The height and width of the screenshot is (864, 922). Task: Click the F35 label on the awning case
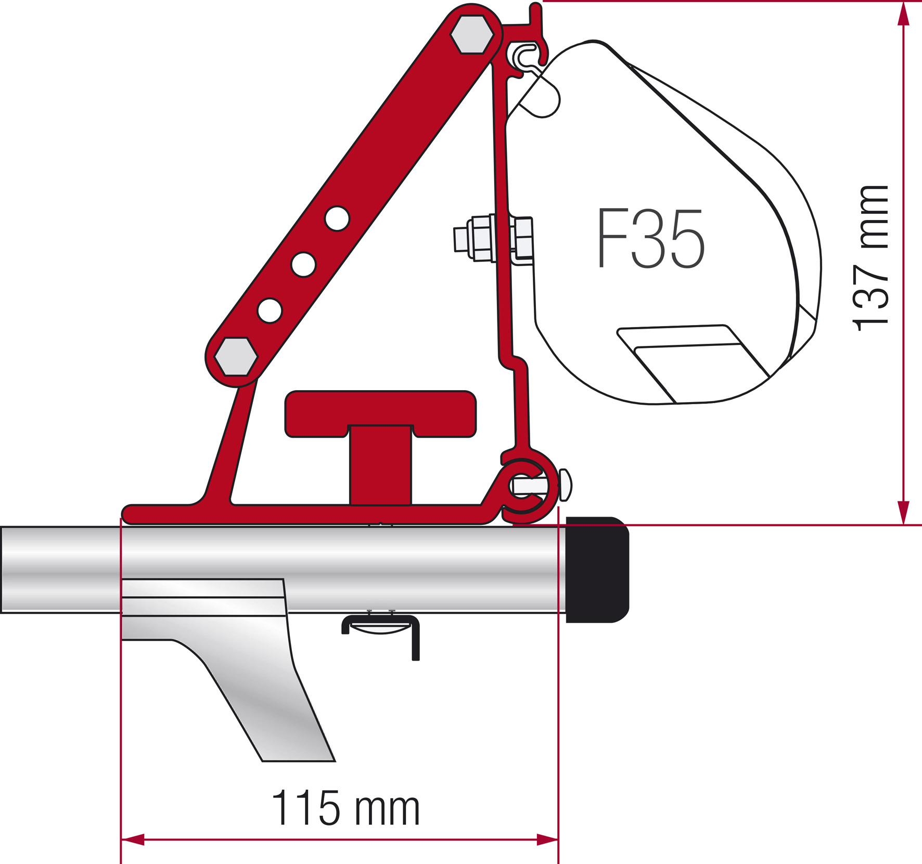650,238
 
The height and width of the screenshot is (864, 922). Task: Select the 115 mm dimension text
345,808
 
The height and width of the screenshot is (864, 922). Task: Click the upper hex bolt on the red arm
472,34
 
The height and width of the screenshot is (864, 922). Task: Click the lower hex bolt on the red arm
236,357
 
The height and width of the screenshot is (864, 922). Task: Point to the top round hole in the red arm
337,218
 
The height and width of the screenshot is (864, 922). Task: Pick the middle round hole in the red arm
303,264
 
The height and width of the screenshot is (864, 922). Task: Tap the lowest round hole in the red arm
270,311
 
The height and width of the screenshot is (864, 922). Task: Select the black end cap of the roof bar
597,570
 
